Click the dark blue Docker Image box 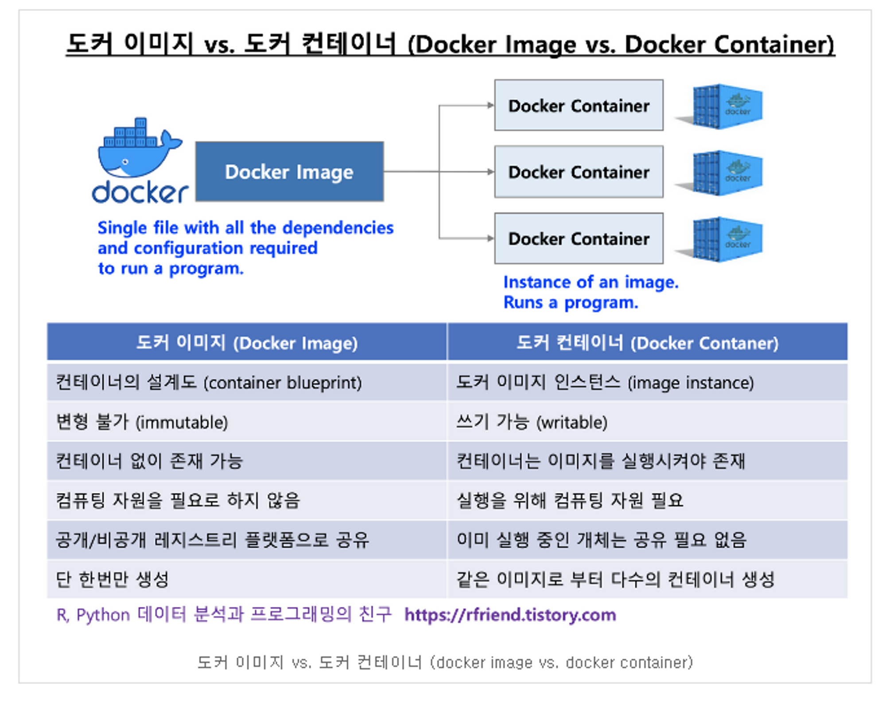[289, 172]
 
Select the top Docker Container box [578, 106]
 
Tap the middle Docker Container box [578, 172]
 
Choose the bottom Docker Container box [578, 239]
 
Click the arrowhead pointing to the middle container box [490, 172]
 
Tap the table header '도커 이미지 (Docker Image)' [246, 343]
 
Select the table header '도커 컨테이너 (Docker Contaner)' [647, 343]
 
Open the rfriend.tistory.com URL [510, 615]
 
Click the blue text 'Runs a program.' [571, 303]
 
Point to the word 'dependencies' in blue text [338, 228]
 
